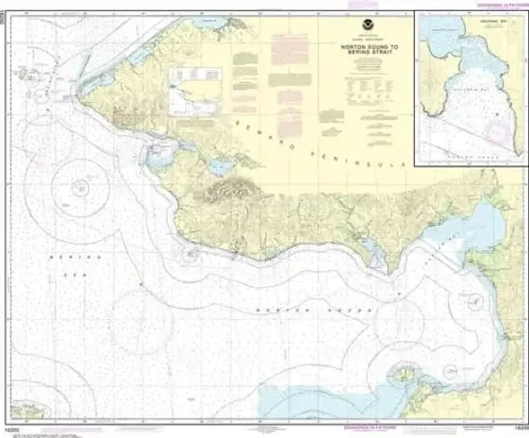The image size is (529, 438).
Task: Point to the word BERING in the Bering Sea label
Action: pyautogui.click(x=65, y=255)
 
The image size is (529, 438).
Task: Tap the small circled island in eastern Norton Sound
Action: pyautogui.click(x=474, y=302)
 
